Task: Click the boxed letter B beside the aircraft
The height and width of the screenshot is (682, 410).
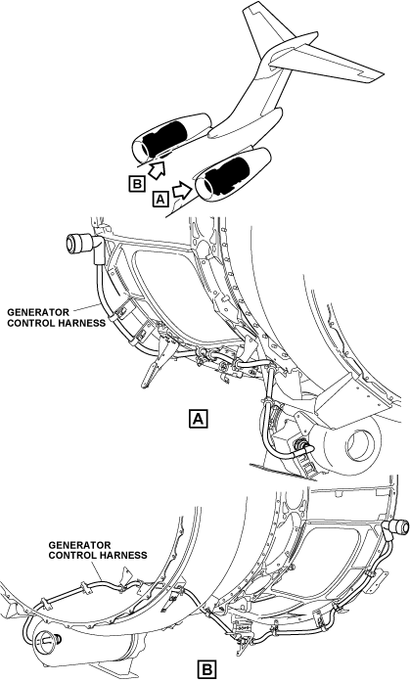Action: pos(137,184)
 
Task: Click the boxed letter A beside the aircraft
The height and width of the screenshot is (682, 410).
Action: pos(160,200)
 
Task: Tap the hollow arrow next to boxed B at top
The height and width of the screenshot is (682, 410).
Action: pos(158,169)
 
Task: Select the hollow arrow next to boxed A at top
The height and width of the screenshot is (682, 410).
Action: pos(183,190)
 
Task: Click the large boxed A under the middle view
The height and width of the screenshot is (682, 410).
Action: pos(199,419)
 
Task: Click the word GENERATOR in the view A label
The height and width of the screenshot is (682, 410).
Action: pos(38,312)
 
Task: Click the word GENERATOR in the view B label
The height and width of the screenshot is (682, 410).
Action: pos(79,545)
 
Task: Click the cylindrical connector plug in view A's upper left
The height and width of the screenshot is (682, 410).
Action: pos(79,243)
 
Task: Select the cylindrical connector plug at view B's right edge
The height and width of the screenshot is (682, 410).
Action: pos(397,527)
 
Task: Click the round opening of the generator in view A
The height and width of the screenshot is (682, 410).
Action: pos(360,446)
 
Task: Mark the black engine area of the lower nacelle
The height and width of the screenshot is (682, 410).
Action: pos(227,176)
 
